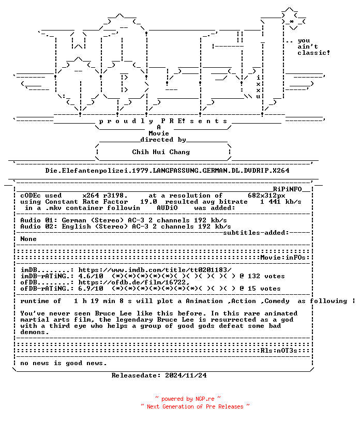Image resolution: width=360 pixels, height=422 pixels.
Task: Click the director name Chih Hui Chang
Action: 161,152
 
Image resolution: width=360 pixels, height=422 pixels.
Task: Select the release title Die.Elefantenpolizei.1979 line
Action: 167,171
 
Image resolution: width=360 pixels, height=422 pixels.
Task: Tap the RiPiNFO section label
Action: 287,189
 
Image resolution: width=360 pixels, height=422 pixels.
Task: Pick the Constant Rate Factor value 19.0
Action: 148,202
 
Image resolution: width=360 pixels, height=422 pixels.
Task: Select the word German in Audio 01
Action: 74,220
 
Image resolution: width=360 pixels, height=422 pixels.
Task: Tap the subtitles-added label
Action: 254,233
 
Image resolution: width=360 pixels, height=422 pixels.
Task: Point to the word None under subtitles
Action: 28,239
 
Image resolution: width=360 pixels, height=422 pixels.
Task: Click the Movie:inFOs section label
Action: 283,258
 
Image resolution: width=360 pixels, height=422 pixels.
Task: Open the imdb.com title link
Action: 155,270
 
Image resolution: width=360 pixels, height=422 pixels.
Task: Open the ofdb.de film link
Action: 134,282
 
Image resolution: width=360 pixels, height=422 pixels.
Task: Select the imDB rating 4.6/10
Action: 91,276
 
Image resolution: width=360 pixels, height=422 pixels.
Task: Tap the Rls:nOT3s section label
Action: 279,351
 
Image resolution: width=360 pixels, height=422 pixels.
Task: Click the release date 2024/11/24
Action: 186,375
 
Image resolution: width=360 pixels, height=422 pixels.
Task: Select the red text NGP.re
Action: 205,399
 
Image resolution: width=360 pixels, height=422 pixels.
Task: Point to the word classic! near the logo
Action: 313,53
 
